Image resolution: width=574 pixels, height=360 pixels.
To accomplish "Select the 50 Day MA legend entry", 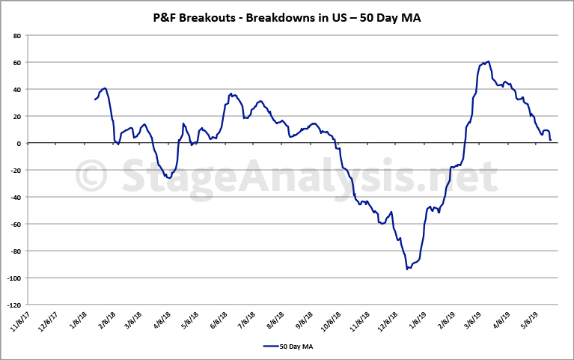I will pyautogui.click(x=288, y=346).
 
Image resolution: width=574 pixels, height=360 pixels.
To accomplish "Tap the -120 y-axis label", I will pyautogui.click(x=13, y=305).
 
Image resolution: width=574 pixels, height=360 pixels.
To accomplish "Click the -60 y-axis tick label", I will pyautogui.click(x=15, y=224).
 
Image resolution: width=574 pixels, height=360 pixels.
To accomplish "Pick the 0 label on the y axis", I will pyautogui.click(x=19, y=143).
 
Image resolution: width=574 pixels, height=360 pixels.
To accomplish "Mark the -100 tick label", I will pyautogui.click(x=13, y=278).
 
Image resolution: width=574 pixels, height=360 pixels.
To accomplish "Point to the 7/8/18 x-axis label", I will pyautogui.click(x=245, y=320).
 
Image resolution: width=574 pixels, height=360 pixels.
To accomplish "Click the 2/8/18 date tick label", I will pyautogui.click(x=105, y=320).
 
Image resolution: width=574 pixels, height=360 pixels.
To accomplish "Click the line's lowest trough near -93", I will pyautogui.click(x=407, y=269).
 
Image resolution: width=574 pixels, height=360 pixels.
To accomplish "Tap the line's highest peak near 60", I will pyautogui.click(x=488, y=62).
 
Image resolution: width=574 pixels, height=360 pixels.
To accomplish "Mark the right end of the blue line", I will pyautogui.click(x=550, y=140).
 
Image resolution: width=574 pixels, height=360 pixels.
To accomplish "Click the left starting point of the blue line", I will pyautogui.click(x=95, y=100).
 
